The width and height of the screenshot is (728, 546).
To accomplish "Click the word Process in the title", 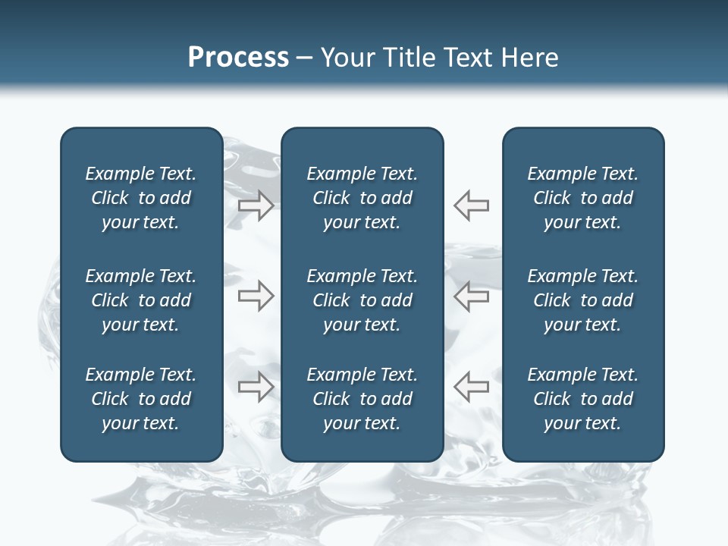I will [238, 58].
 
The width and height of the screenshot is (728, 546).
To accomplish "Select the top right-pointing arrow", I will [256, 206].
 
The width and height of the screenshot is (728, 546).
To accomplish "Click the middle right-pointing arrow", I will [256, 297].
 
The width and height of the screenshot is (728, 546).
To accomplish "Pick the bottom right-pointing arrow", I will [256, 387].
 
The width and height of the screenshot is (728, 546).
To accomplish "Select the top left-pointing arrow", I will [472, 206].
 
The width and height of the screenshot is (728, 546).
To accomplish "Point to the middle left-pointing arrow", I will [472, 297].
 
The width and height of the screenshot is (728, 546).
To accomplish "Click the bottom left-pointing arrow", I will [472, 387].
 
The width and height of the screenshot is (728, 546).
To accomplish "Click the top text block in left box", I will [141, 198].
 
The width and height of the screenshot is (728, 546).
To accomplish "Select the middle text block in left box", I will [141, 300].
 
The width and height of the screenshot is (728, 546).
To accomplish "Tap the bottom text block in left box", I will [141, 399].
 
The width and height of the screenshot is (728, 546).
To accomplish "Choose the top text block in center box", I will [362, 198].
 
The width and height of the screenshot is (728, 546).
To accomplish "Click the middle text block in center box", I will [362, 300].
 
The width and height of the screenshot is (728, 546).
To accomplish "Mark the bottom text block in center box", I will [362, 399].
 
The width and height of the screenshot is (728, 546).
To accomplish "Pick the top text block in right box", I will [582, 198].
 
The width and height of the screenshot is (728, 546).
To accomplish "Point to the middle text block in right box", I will [582, 300].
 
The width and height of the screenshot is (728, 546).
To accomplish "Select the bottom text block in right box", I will [582, 399].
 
